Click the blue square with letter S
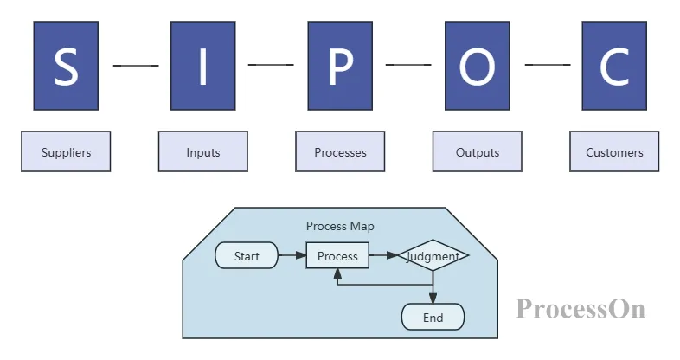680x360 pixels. tap(66, 66)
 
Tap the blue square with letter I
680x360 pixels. tap(202, 66)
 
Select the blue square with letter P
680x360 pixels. tap(340, 66)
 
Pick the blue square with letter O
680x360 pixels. tap(477, 66)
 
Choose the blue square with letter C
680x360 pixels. tap(614, 66)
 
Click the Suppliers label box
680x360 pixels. tap(66, 152)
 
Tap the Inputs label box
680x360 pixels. tap(202, 152)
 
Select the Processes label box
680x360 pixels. tap(340, 152)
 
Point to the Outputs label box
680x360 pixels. tap(477, 152)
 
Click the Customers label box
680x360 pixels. tap(614, 152)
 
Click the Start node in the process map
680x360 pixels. tap(247, 256)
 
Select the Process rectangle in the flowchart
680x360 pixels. tap(337, 256)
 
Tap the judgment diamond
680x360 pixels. tap(433, 256)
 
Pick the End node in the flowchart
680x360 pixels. tap(433, 318)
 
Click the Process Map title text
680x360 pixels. tap(340, 227)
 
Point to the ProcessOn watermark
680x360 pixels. tap(580, 308)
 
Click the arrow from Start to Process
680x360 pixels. tap(292, 256)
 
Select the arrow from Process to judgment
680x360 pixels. tap(383, 256)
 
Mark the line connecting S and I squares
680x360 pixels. tap(135, 65)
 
